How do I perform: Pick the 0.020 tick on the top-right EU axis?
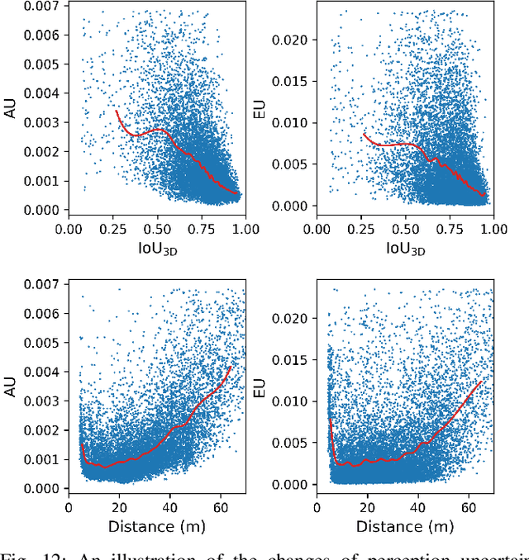tap(293, 40)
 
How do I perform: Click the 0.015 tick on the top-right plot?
tap(293, 82)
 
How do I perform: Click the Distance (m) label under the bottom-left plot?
tap(156, 526)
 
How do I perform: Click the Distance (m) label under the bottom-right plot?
tap(405, 526)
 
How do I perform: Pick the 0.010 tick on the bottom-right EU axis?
tap(293, 401)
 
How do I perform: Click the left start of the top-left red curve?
tap(116, 110)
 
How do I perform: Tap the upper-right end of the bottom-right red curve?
tap(482, 381)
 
